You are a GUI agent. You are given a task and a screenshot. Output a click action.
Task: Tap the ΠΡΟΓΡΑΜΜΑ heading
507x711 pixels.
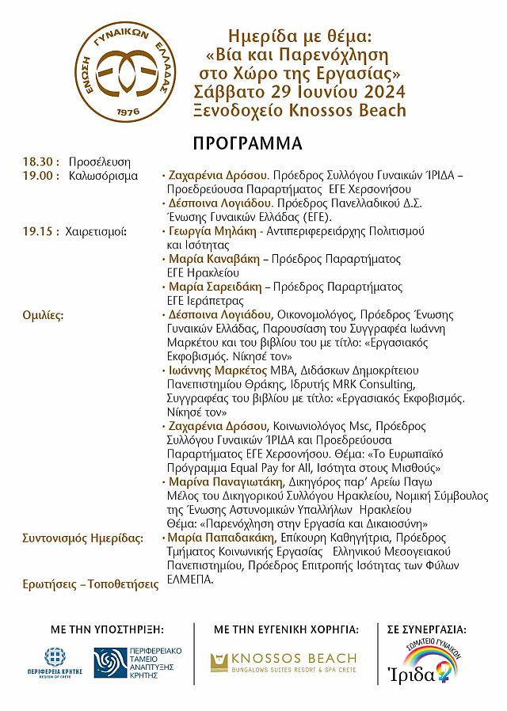247,143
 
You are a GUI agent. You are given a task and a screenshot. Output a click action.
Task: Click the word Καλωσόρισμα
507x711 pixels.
103,176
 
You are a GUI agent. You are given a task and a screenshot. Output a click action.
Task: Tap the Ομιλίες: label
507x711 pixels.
43,314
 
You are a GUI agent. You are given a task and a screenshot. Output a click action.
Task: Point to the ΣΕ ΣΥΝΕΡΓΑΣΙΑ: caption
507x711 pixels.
427,629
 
